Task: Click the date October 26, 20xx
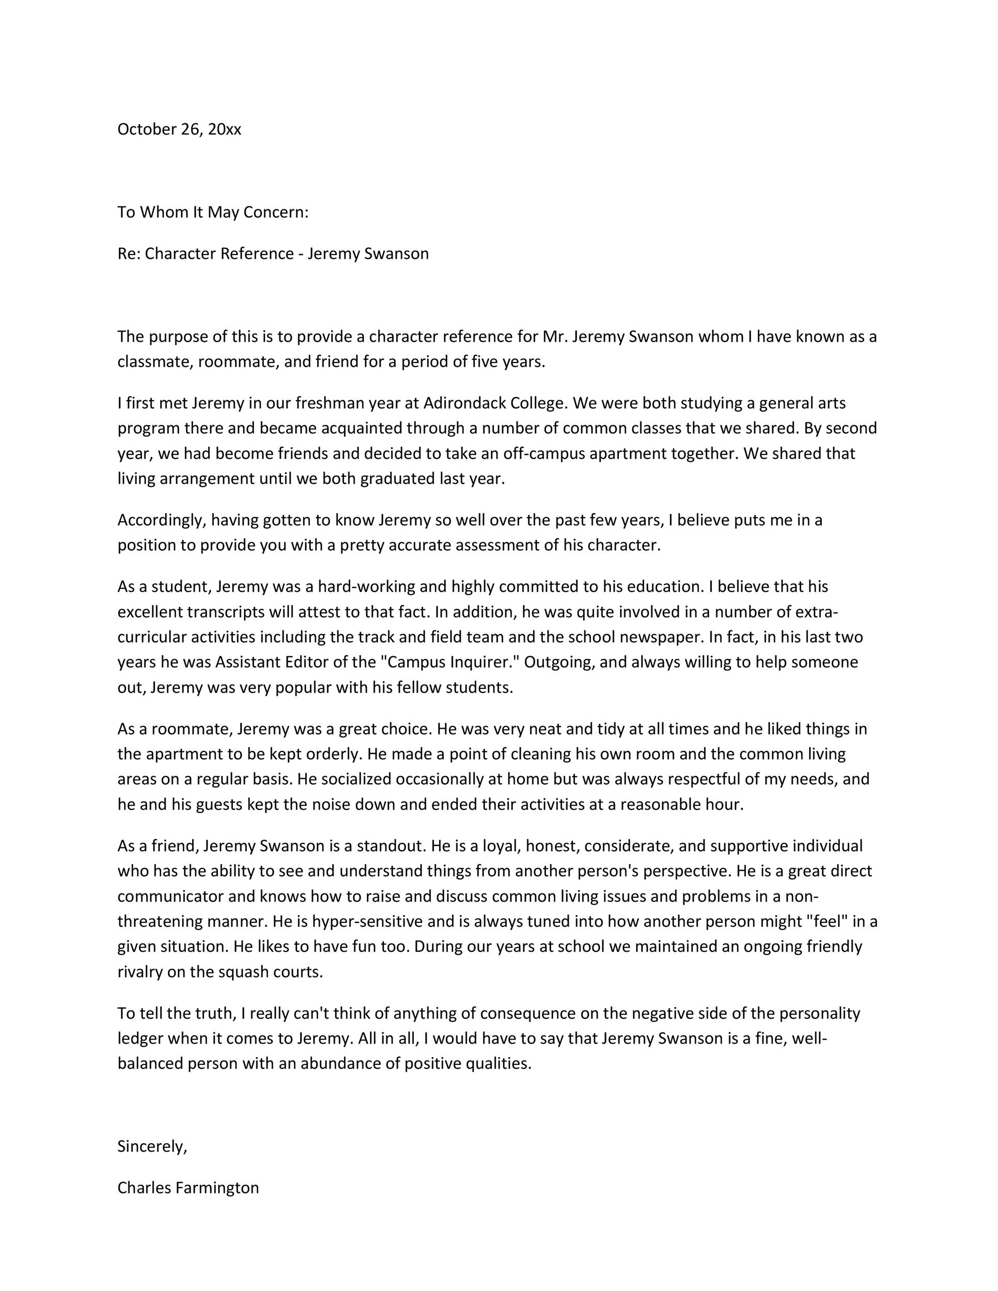click(x=179, y=130)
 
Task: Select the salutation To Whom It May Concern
click(x=213, y=212)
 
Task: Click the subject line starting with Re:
click(x=273, y=254)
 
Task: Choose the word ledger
click(x=140, y=1038)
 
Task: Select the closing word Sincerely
click(x=152, y=1146)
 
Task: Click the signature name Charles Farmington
click(x=188, y=1188)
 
